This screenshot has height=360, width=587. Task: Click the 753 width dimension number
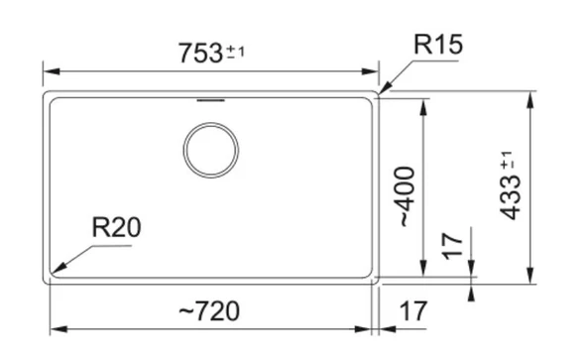(200, 53)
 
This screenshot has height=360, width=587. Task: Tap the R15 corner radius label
(438, 45)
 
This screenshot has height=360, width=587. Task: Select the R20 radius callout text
(116, 227)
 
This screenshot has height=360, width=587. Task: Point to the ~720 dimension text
(209, 311)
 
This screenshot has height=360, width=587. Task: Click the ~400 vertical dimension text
(406, 196)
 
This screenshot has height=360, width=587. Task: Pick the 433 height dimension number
(510, 197)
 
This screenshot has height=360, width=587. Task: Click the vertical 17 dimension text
(452, 246)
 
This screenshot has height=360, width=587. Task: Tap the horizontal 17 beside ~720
(412, 311)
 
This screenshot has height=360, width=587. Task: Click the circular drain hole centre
(211, 150)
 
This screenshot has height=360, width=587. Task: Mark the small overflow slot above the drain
(211, 100)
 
